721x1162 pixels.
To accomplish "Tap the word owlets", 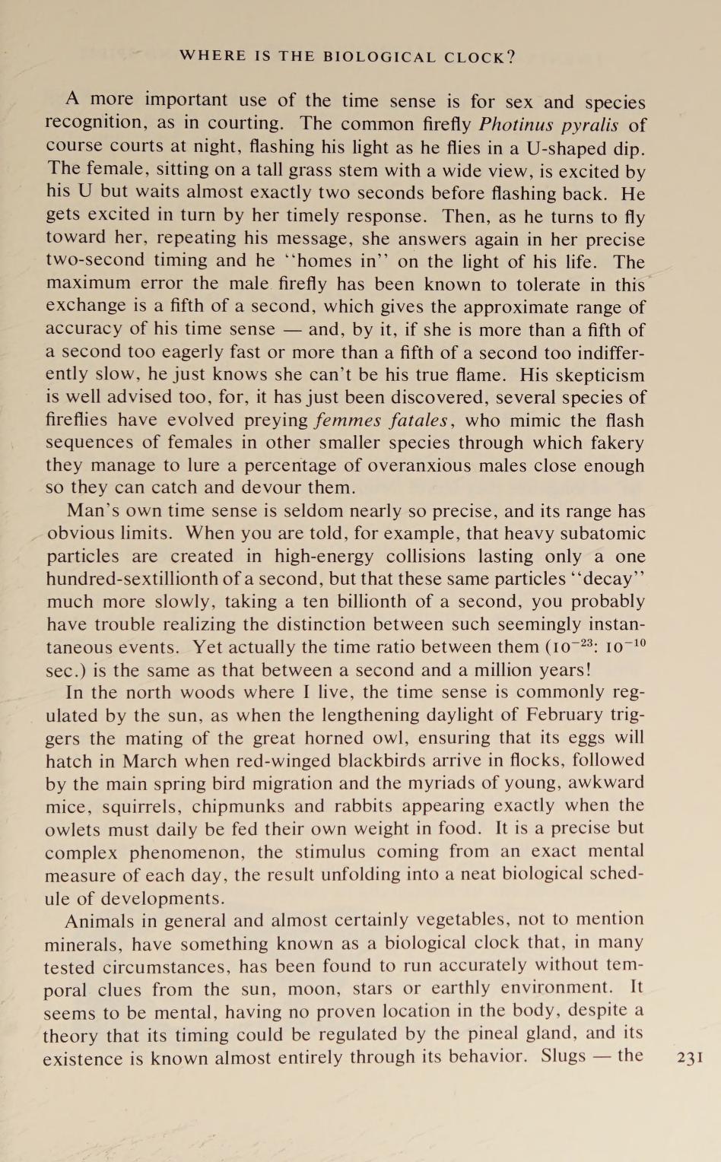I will [73, 828].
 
